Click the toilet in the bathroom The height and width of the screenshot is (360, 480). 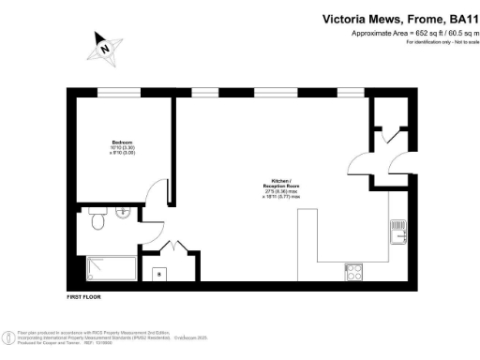coord(96,219)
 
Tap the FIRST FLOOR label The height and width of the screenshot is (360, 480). coord(84,296)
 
